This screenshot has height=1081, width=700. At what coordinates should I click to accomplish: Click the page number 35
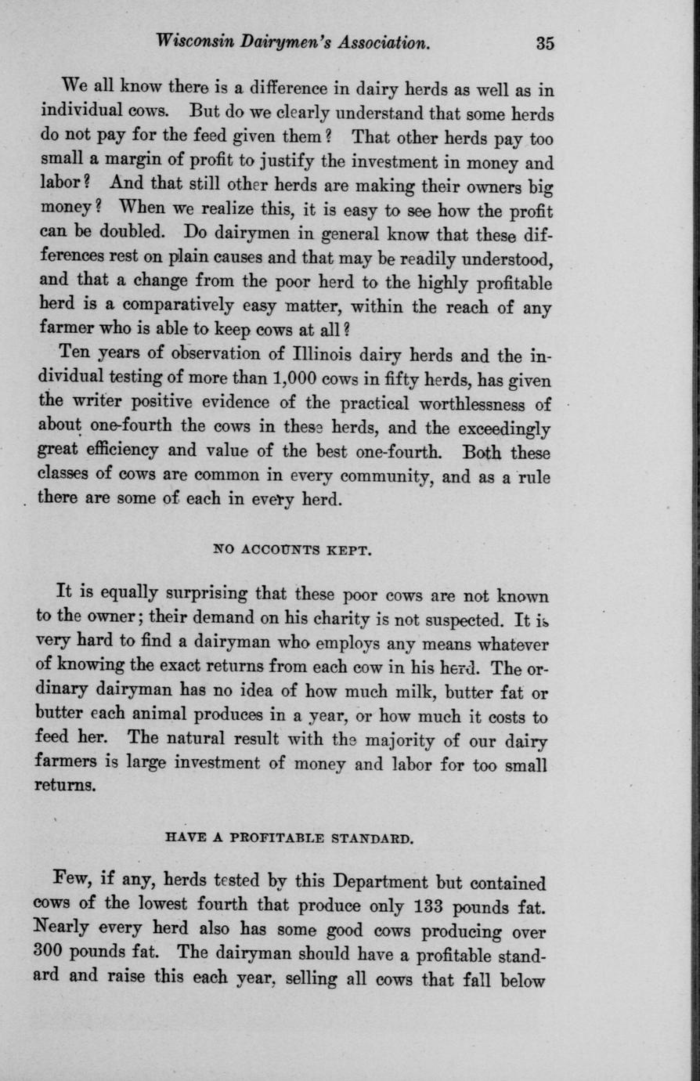pos(545,43)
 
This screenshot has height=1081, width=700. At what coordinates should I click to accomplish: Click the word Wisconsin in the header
pos(193,42)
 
